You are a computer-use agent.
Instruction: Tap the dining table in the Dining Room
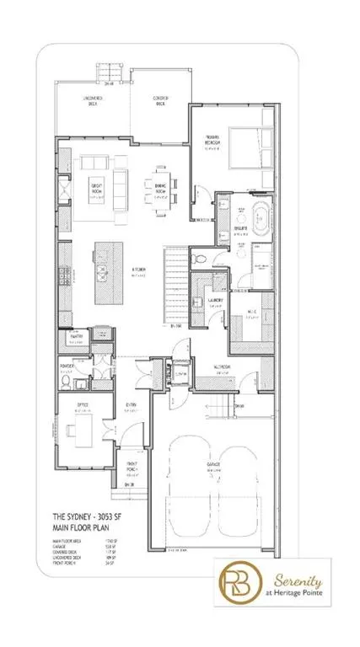tap(161, 186)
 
